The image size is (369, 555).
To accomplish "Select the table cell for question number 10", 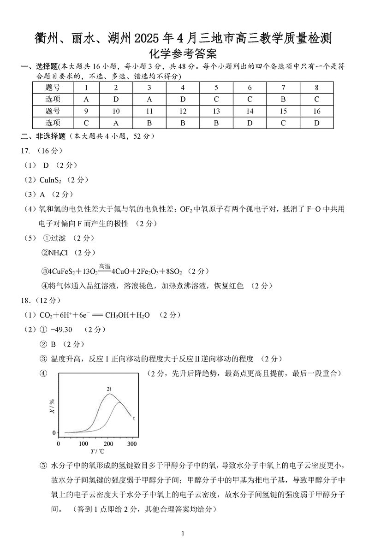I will click(116, 111).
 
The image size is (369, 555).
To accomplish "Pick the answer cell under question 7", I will click(283, 99).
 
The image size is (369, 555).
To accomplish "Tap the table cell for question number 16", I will click(316, 111).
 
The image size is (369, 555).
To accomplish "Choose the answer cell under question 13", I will click(216, 123).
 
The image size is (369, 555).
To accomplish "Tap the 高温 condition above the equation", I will click(105, 266).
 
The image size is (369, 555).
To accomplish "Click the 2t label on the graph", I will click(109, 389).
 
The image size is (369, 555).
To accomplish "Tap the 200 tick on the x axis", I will click(107, 443).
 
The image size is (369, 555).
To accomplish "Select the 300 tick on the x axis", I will click(132, 443).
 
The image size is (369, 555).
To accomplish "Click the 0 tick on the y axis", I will click(54, 432).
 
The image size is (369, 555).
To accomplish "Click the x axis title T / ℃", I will click(97, 452).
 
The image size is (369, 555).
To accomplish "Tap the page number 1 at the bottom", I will click(184, 533).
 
